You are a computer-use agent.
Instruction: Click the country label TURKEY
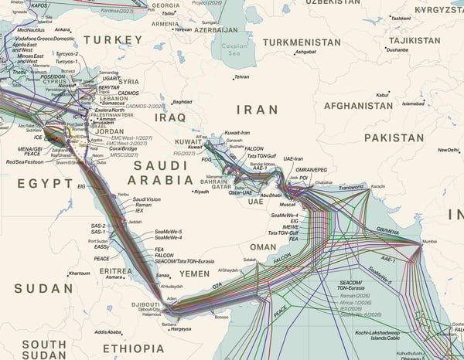point(113,39)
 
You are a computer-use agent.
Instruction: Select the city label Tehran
point(242,77)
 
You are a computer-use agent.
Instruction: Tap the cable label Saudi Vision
point(147,199)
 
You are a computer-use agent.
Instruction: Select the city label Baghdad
point(182,102)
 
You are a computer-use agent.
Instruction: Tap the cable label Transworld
point(350,186)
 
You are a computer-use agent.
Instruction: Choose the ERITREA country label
point(116,271)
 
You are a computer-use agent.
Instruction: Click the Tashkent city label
point(400,18)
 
